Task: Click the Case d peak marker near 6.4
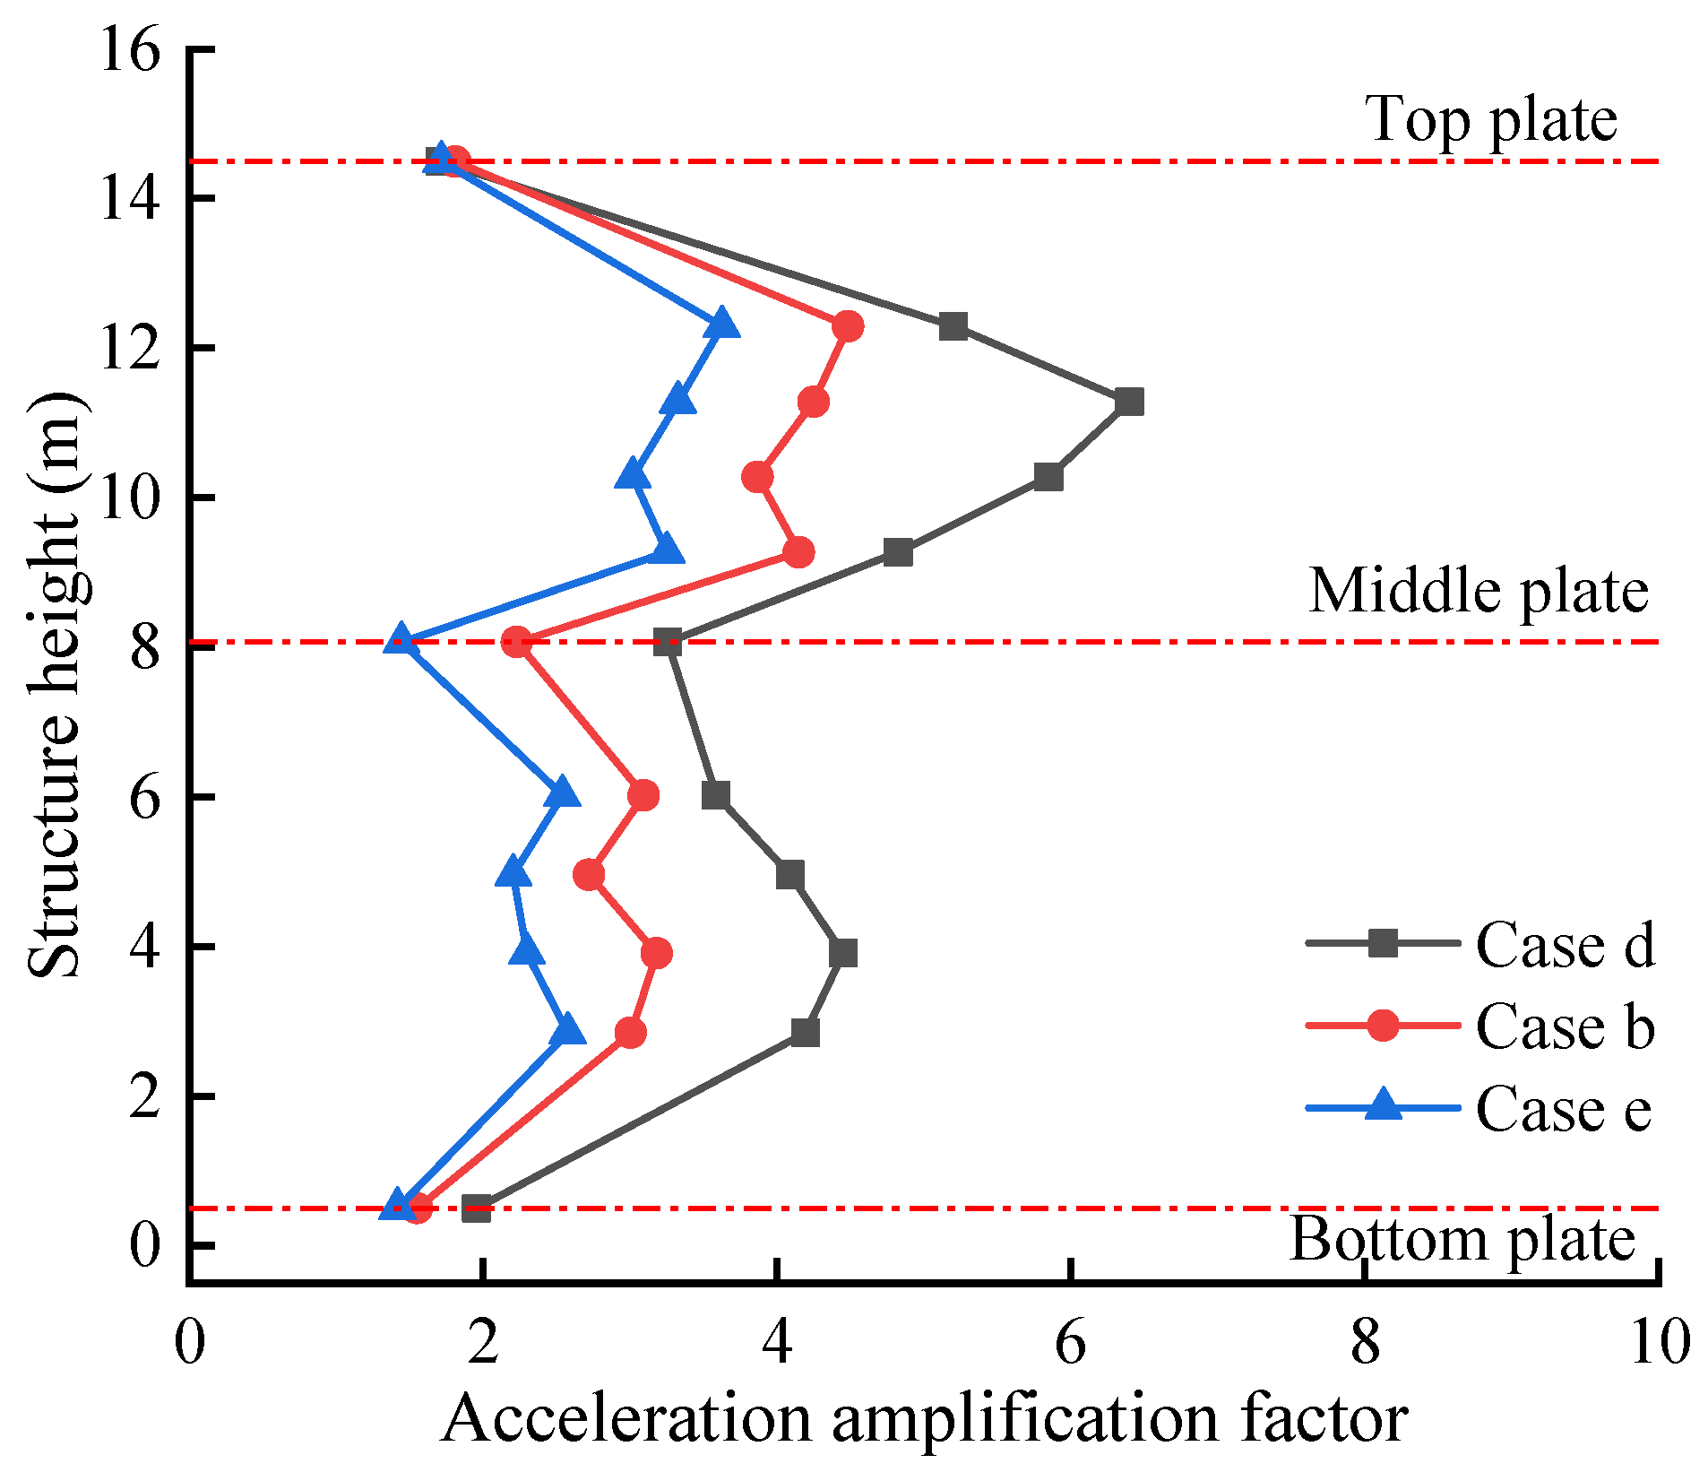click(x=1129, y=402)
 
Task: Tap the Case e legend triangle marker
click(x=1383, y=1105)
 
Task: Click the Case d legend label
click(x=1564, y=945)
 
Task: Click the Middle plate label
click(x=1479, y=592)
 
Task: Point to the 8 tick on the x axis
click(x=1364, y=1342)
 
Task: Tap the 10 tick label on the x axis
click(x=1659, y=1342)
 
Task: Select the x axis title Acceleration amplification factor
click(x=923, y=1419)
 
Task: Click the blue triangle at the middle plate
click(x=401, y=639)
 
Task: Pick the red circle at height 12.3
click(x=847, y=326)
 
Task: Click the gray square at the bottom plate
click(x=477, y=1208)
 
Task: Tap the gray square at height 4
click(x=842, y=953)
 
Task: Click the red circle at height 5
click(x=589, y=874)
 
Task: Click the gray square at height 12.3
click(x=953, y=326)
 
